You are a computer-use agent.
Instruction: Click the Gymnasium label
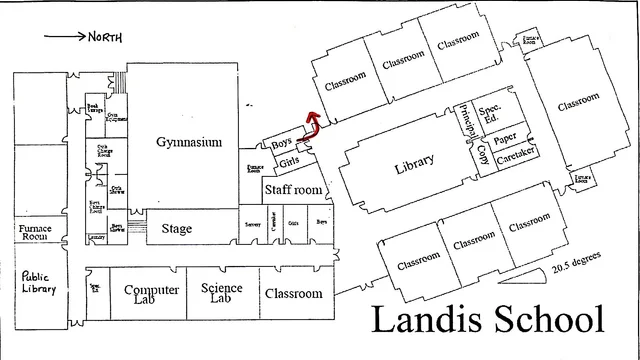[188, 141]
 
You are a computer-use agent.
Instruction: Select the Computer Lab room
[151, 295]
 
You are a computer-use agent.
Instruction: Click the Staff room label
[294, 190]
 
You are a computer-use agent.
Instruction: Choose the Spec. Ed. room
[490, 116]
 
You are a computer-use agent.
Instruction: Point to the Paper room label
[506, 137]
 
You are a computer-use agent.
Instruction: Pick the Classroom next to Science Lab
[294, 294]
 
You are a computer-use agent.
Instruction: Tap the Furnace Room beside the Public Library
[35, 234]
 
